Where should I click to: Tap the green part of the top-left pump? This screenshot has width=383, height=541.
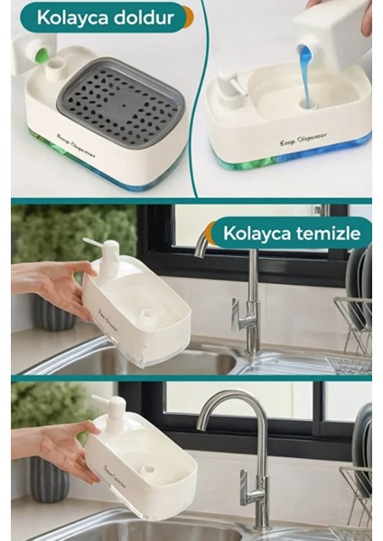(40, 56)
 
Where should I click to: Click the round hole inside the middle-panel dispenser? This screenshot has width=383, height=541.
(147, 316)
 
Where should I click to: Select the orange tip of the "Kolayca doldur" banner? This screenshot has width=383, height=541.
(187, 16)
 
